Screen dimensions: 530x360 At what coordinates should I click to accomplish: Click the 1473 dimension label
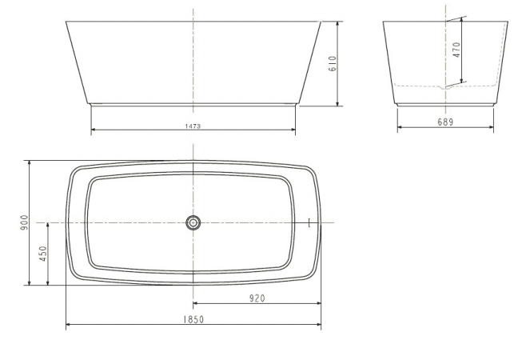click(193, 126)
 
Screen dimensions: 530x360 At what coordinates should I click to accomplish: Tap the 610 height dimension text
click(333, 64)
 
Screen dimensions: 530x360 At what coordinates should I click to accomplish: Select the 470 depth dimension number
click(456, 50)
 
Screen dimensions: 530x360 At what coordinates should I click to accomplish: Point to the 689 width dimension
click(445, 122)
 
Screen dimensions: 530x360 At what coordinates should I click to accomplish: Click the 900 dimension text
click(25, 222)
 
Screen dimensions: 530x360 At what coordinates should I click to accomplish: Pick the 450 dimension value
click(43, 254)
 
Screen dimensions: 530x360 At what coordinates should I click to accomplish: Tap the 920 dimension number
click(257, 298)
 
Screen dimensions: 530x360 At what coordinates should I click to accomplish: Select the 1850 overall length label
click(193, 319)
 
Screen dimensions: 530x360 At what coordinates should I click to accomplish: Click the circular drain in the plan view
click(193, 222)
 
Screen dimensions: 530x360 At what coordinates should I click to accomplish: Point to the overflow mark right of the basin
click(309, 222)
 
